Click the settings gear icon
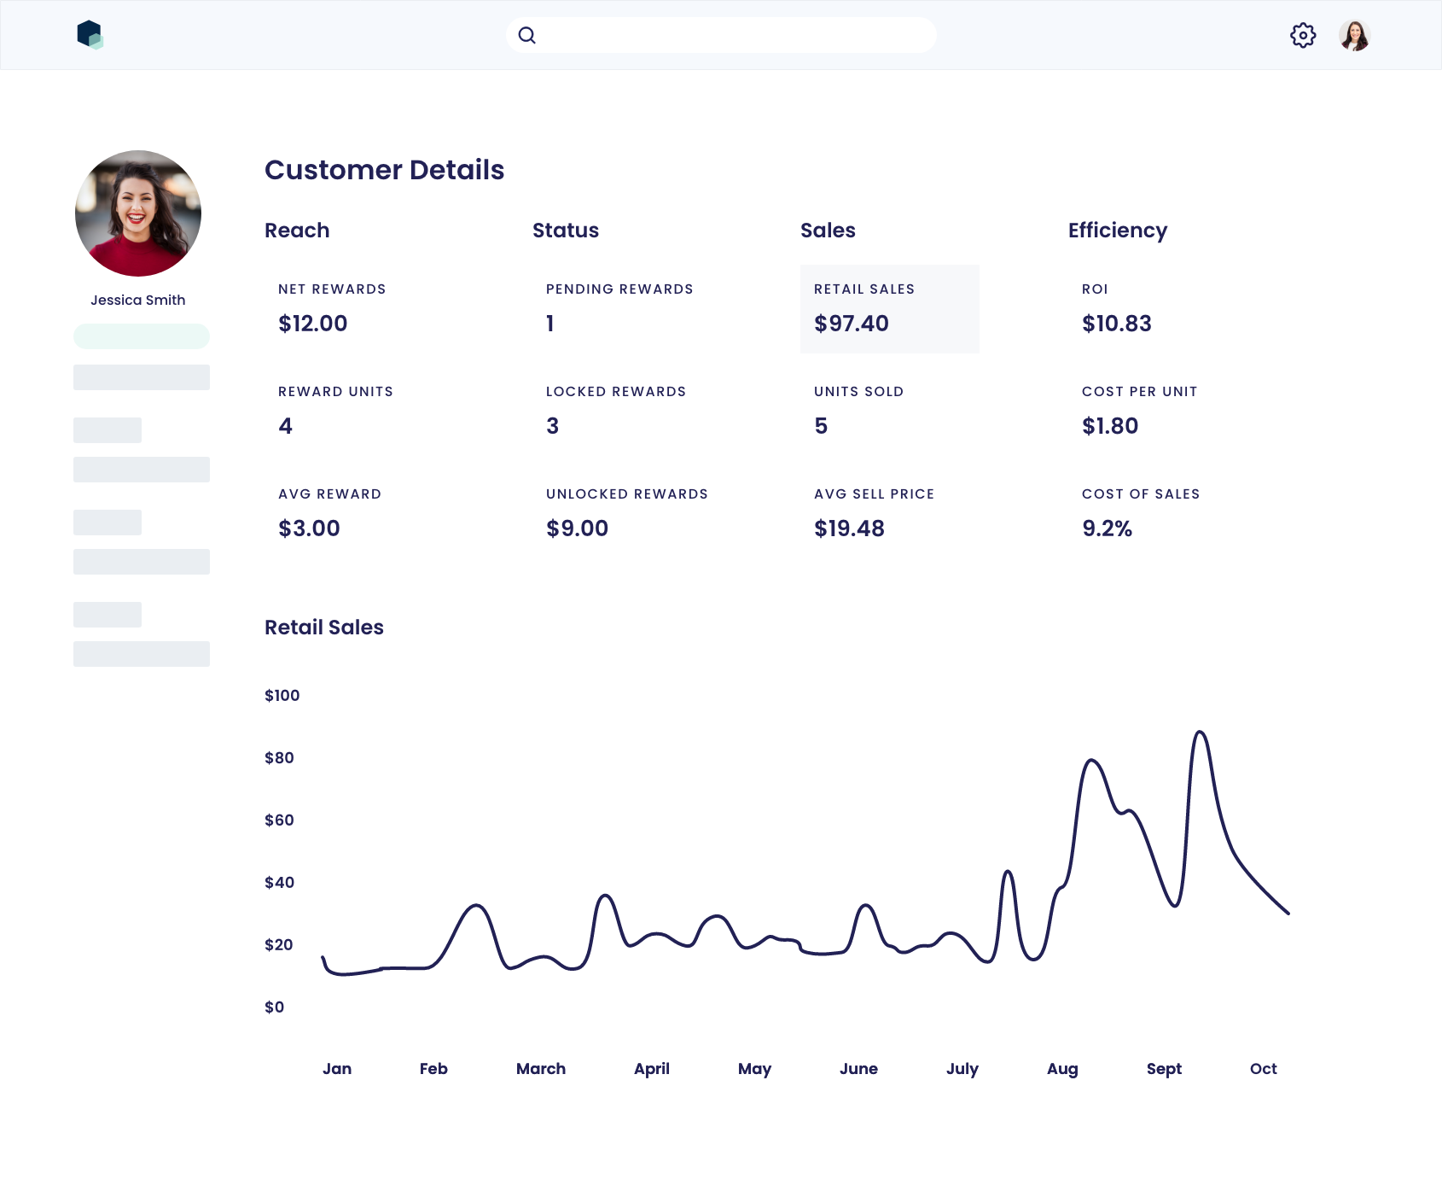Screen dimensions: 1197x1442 click(x=1303, y=35)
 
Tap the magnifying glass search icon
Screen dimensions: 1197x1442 click(x=527, y=35)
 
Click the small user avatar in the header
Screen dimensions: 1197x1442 click(x=1354, y=35)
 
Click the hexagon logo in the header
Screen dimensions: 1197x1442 click(x=90, y=35)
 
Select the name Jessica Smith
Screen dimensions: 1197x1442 click(x=138, y=300)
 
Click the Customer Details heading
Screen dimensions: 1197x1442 click(x=384, y=170)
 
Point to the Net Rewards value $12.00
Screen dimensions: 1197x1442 click(x=312, y=324)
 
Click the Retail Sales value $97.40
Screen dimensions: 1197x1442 click(x=851, y=324)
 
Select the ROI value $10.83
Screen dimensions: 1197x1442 click(x=1116, y=324)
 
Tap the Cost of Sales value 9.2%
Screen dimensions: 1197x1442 click(x=1107, y=528)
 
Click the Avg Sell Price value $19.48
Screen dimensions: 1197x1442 click(x=849, y=528)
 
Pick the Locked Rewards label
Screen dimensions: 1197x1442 click(x=615, y=391)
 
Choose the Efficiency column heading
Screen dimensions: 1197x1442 click(x=1117, y=231)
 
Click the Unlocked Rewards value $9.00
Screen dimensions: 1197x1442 click(x=577, y=528)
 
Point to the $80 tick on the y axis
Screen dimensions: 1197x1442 click(x=279, y=757)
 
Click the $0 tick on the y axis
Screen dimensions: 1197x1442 click(x=274, y=1007)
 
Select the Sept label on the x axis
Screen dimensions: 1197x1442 click(x=1164, y=1068)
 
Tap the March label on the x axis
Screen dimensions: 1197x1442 click(x=540, y=1068)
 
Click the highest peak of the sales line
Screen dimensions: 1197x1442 click(x=1200, y=732)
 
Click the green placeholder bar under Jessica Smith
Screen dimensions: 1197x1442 click(x=142, y=336)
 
